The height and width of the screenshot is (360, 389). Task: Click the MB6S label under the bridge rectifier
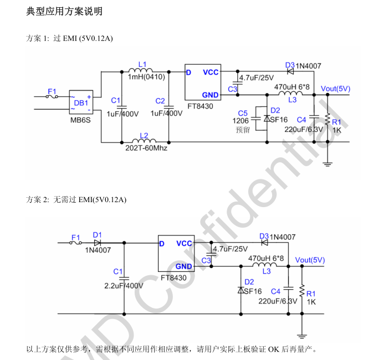pyautogui.click(x=80, y=120)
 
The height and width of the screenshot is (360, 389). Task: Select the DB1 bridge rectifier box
pyautogui.click(x=81, y=102)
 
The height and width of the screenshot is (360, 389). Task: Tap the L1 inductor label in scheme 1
pyautogui.click(x=142, y=64)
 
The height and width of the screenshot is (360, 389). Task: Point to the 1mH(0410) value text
pyautogui.click(x=146, y=77)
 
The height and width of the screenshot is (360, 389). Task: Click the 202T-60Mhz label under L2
pyautogui.click(x=146, y=148)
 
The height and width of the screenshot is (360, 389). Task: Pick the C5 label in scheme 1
pyautogui.click(x=243, y=114)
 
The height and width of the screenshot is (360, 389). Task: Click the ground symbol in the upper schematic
pyautogui.click(x=327, y=164)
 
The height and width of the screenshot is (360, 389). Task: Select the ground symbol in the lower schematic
pyautogui.click(x=301, y=336)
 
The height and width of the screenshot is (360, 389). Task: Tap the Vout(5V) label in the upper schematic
pyautogui.click(x=335, y=89)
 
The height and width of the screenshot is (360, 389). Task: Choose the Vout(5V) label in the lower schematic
pyautogui.click(x=310, y=260)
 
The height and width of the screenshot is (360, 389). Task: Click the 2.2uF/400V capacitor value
pyautogui.click(x=124, y=286)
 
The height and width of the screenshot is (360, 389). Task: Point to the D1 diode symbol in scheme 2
pyautogui.click(x=98, y=243)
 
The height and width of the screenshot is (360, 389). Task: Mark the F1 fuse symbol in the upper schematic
pyautogui.click(x=52, y=97)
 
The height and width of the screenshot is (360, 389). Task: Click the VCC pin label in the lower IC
pyautogui.click(x=184, y=244)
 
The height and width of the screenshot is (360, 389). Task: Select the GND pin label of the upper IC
pyautogui.click(x=211, y=95)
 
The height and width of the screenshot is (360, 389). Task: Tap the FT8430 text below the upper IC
pyautogui.click(x=200, y=106)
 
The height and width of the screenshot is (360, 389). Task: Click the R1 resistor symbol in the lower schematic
pyautogui.click(x=302, y=291)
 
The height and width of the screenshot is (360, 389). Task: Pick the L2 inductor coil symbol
pyautogui.click(x=144, y=141)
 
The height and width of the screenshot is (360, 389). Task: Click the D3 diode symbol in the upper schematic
pyautogui.click(x=290, y=71)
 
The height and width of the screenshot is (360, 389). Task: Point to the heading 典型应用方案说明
pyautogui.click(x=64, y=12)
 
